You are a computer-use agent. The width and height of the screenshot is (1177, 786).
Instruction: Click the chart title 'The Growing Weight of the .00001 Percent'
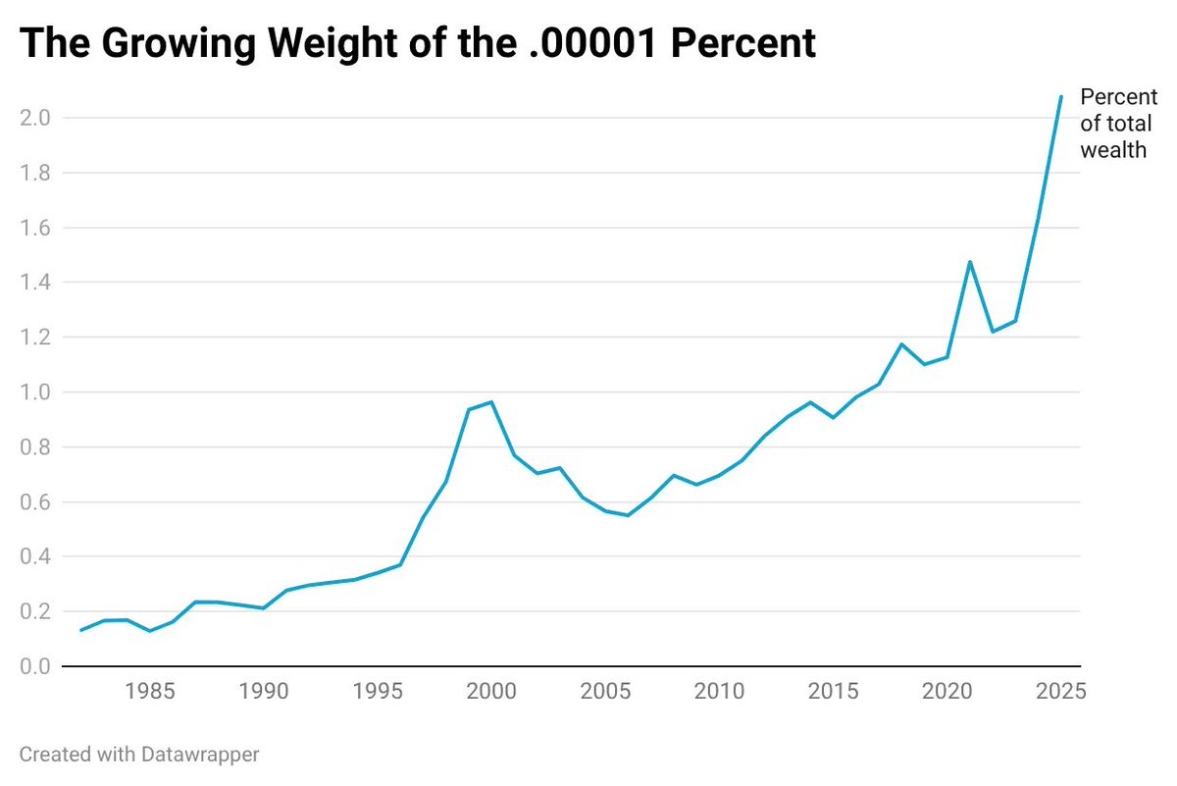tap(418, 43)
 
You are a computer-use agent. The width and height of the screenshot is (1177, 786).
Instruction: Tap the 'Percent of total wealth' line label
tap(1119, 124)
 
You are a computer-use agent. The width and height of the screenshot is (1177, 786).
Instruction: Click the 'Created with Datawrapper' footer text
tap(139, 755)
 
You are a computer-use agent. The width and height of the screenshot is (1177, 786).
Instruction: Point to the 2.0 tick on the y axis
tap(35, 118)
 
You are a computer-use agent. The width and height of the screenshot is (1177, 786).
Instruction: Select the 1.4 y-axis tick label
tap(35, 283)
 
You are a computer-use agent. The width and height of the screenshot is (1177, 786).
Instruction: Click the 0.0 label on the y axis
tap(35, 666)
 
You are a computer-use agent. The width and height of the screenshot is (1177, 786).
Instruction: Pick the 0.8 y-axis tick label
tap(35, 446)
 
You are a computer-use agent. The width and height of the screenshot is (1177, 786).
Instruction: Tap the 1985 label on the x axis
tap(150, 691)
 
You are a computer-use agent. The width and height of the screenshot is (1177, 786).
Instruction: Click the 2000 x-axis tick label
tap(491, 691)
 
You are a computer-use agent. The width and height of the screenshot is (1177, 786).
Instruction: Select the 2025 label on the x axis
tap(1061, 691)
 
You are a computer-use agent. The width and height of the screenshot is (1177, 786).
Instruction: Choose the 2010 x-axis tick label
tap(719, 691)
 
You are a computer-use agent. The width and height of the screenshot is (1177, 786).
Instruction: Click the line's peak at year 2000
tap(491, 402)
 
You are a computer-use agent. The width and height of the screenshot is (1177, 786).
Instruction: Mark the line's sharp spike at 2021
tap(970, 262)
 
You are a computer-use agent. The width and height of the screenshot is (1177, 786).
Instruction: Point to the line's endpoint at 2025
tap(1061, 97)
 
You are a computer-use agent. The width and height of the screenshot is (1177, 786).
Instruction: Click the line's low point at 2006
tap(628, 515)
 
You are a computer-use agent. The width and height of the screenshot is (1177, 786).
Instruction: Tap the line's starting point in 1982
tap(80, 630)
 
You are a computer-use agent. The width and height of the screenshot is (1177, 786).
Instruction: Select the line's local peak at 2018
tap(901, 344)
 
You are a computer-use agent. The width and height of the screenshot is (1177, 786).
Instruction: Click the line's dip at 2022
tap(993, 332)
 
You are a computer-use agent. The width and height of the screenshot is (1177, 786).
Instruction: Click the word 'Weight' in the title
tap(333, 44)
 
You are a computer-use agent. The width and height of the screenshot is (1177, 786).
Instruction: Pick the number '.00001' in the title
tap(593, 42)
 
